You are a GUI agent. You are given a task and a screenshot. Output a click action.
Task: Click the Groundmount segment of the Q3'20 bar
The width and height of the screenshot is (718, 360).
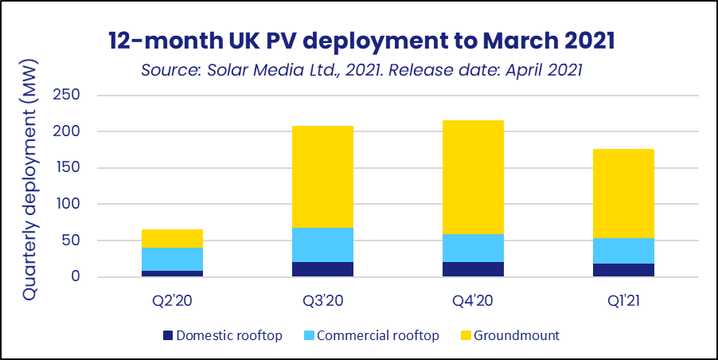322,177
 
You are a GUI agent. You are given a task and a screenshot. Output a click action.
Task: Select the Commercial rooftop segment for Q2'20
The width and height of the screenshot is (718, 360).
172,259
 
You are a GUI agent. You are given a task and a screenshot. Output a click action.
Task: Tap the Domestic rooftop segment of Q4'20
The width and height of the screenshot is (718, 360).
474,269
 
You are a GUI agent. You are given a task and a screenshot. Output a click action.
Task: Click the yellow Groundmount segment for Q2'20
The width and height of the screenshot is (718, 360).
172,238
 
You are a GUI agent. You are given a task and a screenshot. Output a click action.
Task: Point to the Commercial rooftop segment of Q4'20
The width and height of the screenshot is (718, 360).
474,248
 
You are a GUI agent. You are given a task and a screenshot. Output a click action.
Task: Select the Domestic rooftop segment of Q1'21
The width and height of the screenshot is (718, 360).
623,270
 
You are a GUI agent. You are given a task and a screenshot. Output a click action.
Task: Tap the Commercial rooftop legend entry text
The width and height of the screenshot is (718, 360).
377,335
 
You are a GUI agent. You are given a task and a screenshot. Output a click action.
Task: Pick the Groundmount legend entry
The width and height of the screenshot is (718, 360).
517,335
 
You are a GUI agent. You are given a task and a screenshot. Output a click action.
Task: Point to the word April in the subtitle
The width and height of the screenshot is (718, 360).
513,70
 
